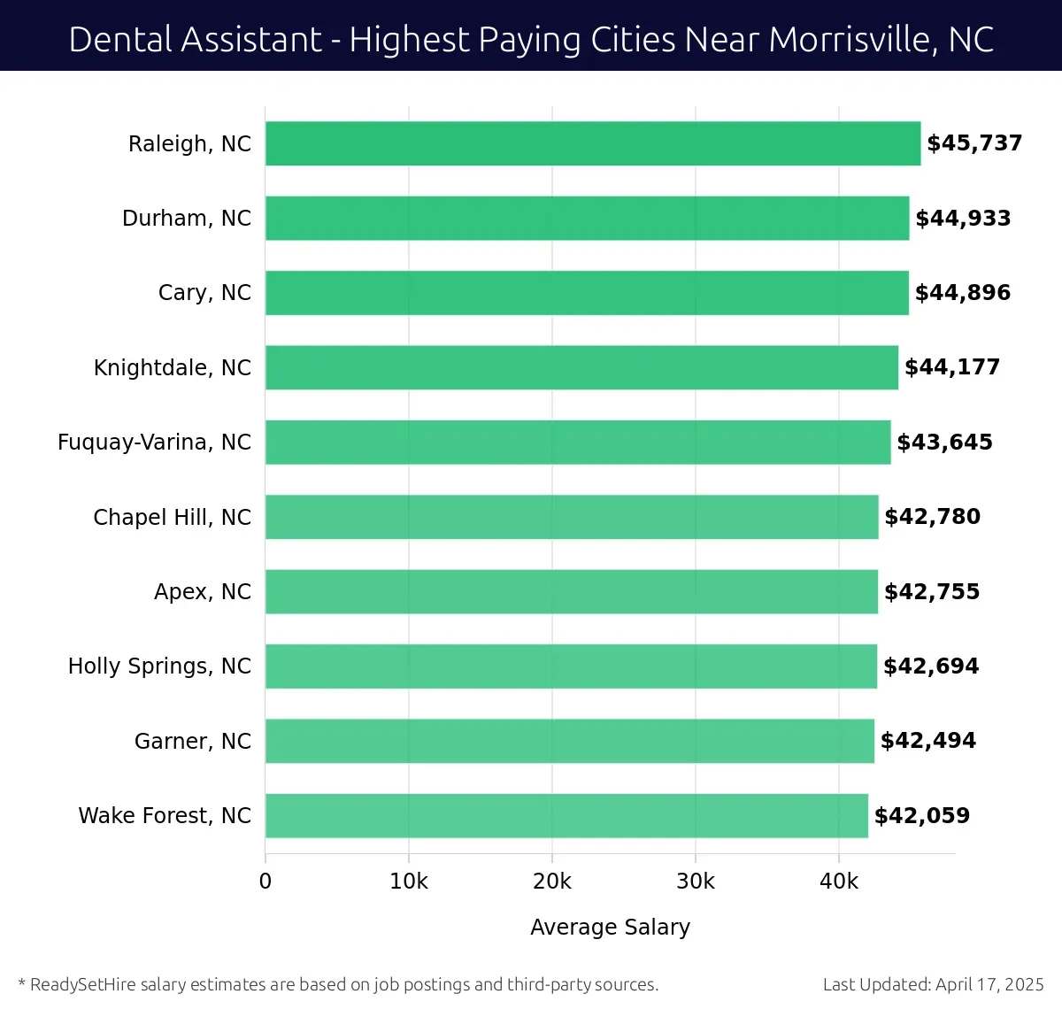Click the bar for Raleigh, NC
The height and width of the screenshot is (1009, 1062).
(593, 143)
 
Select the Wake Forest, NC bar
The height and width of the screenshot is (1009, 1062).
(566, 815)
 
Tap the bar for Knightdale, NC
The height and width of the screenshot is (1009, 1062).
(581, 367)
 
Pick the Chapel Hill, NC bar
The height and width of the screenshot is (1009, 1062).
(572, 517)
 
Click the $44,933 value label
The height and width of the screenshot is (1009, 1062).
(963, 219)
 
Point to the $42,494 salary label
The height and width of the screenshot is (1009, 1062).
(927, 741)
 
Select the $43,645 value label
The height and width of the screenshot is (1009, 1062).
(944, 443)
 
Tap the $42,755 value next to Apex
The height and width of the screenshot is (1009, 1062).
(932, 592)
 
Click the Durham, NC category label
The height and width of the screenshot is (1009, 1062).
(187, 219)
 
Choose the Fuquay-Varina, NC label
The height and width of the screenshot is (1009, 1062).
(154, 443)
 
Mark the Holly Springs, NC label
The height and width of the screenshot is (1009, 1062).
(159, 666)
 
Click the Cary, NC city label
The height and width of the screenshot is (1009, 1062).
(204, 293)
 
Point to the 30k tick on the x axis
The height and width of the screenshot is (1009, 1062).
(696, 882)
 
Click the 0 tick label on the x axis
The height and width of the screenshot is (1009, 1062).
(265, 882)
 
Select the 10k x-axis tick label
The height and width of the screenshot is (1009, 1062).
(409, 882)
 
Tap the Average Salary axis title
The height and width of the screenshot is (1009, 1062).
(610, 927)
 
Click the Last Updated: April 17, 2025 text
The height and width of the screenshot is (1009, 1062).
(933, 984)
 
